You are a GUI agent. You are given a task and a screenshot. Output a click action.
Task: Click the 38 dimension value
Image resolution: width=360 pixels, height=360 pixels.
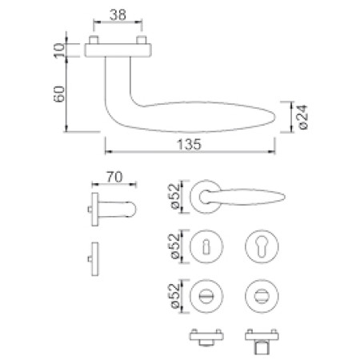(x=118, y=15)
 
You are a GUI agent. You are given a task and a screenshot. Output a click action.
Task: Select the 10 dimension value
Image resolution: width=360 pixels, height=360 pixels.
(x=59, y=50)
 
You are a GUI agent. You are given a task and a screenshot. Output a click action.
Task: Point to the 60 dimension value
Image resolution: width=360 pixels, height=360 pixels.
(x=59, y=94)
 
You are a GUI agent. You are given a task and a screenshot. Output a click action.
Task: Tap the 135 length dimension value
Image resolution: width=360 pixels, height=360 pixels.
(x=190, y=145)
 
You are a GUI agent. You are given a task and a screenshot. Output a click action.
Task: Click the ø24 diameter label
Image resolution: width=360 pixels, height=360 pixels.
(x=302, y=117)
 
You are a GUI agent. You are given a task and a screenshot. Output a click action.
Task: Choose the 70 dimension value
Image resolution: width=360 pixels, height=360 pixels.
(x=114, y=177)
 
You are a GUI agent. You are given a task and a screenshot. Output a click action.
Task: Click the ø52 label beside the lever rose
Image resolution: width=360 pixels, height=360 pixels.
(x=175, y=197)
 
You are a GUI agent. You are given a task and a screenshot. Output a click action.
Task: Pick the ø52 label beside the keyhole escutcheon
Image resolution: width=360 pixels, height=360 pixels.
(x=175, y=246)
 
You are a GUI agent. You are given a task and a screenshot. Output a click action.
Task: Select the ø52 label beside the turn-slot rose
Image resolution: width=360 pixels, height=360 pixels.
(x=175, y=296)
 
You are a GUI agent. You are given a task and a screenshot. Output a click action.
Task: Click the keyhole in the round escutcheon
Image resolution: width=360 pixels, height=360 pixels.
(x=206, y=247)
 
